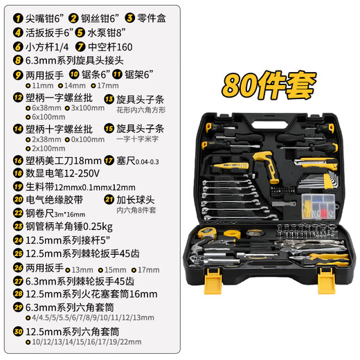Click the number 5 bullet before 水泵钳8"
pyautogui.click(x=82, y=33)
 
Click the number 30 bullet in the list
pyautogui.click(x=18, y=331)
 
